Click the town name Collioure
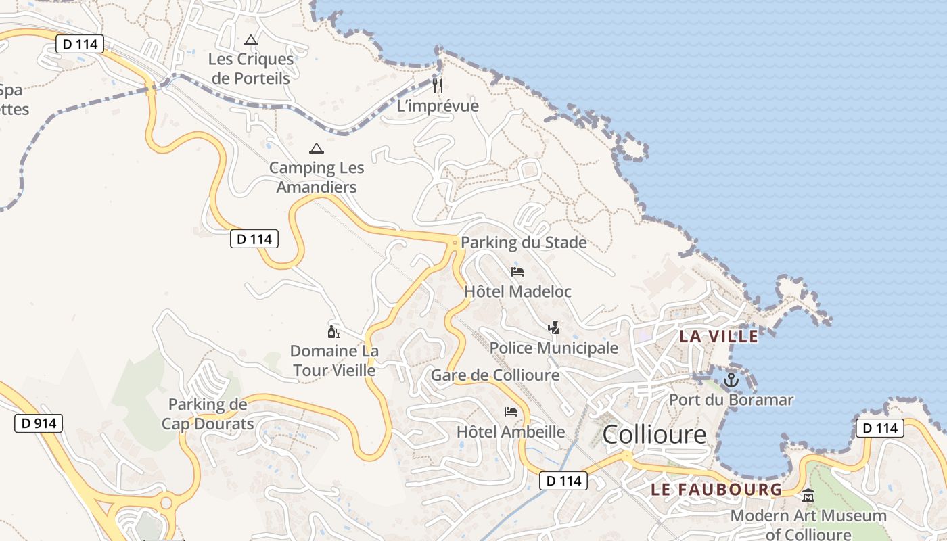654,434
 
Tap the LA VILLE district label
718,336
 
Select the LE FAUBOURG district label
716,489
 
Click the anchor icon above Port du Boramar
731,380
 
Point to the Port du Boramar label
731,400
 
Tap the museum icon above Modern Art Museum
808,496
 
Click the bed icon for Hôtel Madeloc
517,272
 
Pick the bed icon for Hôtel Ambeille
511,411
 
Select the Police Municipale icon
554,328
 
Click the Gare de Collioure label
495,375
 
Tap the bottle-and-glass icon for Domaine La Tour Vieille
333,331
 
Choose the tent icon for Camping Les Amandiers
316,148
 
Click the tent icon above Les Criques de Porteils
251,40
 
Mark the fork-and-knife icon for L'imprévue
438,85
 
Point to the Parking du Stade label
524,243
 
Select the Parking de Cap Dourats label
208,415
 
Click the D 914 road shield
39,424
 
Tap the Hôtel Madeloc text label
517,291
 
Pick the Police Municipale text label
554,348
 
